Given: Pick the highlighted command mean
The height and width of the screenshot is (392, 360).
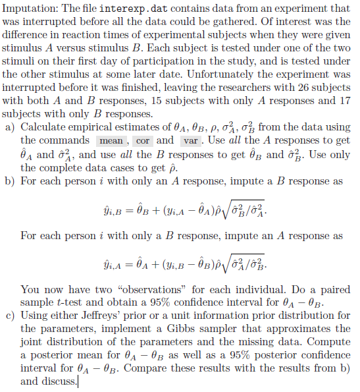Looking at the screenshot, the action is tap(112, 141).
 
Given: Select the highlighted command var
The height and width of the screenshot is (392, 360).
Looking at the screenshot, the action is tap(190, 141).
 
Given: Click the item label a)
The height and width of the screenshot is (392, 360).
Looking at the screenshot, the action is tap(10, 126).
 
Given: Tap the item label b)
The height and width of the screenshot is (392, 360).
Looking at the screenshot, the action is tap(10, 180).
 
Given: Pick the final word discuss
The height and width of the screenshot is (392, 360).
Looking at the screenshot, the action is tap(62, 381).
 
